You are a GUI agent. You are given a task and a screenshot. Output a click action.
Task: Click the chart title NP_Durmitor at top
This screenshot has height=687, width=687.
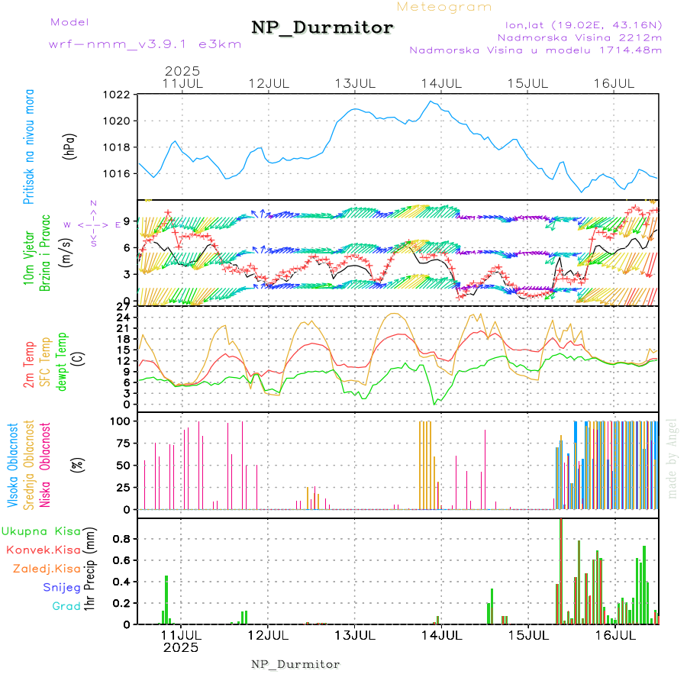pos(322,28)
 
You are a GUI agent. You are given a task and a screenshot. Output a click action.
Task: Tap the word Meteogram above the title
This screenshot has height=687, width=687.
pos(444,7)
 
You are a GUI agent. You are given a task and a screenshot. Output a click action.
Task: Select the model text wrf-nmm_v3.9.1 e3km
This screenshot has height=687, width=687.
pos(145,44)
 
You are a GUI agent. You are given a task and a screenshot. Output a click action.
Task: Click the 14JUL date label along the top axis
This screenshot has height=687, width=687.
pos(442,82)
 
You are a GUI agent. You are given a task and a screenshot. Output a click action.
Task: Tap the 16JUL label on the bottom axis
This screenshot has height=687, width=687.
pos(614,634)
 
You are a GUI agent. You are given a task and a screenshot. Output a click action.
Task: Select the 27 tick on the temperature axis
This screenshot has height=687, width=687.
pos(121,306)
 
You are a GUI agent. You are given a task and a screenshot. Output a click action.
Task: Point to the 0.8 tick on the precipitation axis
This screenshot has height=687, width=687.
pos(121,538)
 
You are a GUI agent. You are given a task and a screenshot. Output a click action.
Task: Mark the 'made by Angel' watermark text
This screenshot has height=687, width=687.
pos(672,458)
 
